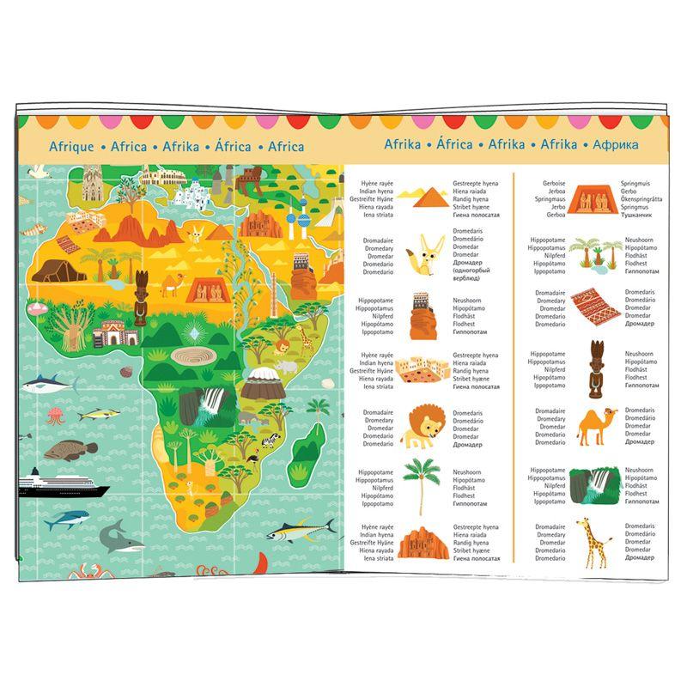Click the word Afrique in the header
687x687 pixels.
point(71,146)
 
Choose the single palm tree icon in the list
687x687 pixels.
point(422,483)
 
